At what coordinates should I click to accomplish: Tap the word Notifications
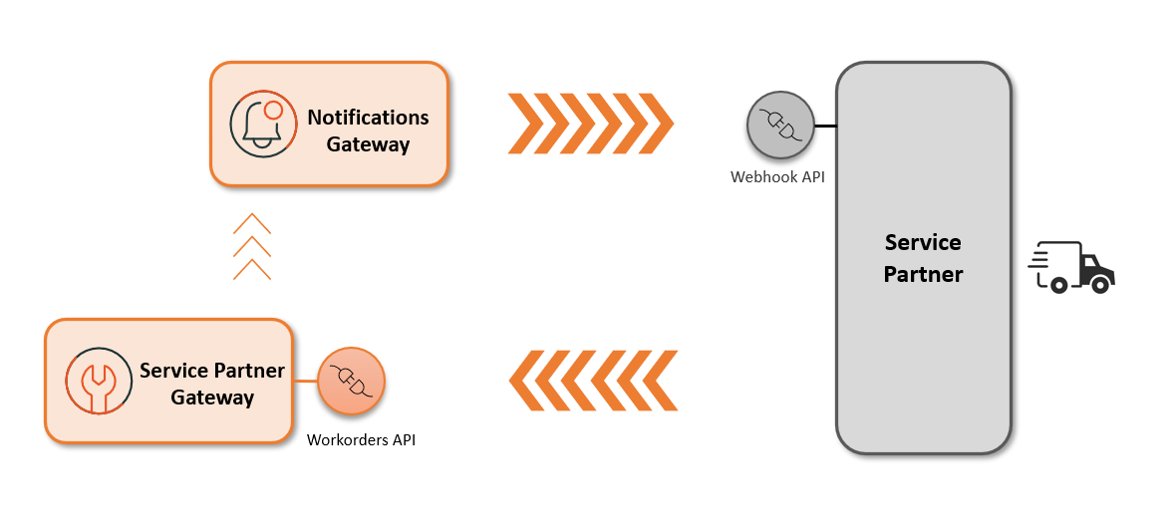368,117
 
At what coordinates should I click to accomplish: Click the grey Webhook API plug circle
779,127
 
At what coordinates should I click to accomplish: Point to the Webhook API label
777,177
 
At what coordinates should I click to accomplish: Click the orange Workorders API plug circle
351,381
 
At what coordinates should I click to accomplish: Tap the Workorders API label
361,439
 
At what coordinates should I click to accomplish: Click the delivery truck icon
1071,267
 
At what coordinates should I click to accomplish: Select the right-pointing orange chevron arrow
590,124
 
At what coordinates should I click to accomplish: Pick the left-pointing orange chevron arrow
593,381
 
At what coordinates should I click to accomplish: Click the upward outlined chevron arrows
252,246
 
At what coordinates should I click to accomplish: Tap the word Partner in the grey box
923,274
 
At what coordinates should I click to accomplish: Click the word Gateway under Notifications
368,144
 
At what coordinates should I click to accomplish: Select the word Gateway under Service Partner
212,398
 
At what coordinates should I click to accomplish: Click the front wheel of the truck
1100,285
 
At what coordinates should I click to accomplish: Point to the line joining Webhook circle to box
824,127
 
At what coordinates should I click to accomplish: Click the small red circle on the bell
273,111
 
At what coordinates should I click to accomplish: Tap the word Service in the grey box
923,242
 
